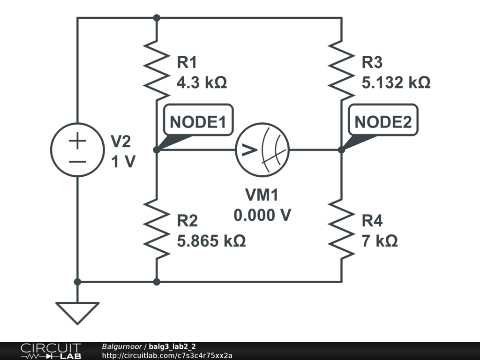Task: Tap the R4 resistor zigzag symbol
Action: click(x=342, y=229)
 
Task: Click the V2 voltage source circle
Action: click(x=77, y=150)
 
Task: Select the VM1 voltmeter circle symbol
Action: click(x=262, y=150)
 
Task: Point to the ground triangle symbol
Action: click(x=77, y=312)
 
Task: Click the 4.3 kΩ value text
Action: click(x=202, y=83)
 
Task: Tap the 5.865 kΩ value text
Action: click(x=211, y=241)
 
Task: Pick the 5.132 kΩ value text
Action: click(x=396, y=83)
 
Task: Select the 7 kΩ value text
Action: click(x=380, y=241)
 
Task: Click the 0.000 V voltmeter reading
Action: click(x=262, y=215)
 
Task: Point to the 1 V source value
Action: click(x=123, y=162)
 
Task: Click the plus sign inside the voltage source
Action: click(x=78, y=141)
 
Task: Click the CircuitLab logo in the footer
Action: click(x=51, y=351)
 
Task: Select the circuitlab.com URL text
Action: click(x=167, y=355)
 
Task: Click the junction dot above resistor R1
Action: click(x=157, y=18)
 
